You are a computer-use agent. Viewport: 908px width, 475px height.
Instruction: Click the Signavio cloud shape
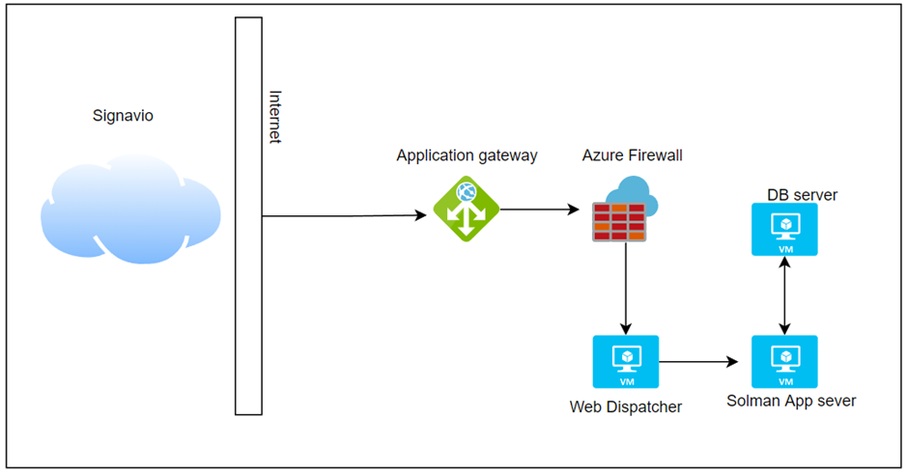click(x=130, y=213)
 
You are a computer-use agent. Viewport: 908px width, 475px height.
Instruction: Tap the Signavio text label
click(x=122, y=116)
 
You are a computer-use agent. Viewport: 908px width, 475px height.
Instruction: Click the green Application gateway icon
click(x=465, y=208)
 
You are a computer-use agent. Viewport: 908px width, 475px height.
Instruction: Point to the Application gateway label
click(x=467, y=155)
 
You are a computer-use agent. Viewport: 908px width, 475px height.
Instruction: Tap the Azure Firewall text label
click(x=633, y=155)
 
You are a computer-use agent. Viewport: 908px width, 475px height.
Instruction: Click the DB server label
click(x=802, y=195)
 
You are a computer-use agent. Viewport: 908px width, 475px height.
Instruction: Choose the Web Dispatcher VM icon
click(x=626, y=362)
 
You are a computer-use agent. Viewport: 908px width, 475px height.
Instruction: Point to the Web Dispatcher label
click(x=626, y=406)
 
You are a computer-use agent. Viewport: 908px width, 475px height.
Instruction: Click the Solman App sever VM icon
click(x=784, y=362)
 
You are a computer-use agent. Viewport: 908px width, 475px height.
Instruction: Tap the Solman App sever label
click(x=791, y=401)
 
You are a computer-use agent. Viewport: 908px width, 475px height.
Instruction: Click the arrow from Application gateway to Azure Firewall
click(x=534, y=208)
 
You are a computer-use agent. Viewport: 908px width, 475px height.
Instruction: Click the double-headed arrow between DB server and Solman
click(x=785, y=295)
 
